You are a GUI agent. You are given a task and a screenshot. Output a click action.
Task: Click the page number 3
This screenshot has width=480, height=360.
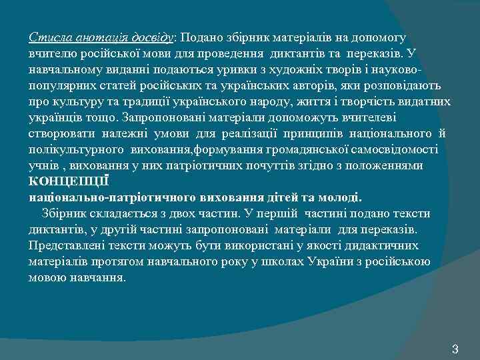(455, 349)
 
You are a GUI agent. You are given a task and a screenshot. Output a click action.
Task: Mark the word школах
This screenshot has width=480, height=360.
(283, 262)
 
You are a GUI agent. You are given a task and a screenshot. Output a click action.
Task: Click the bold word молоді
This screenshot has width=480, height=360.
(342, 197)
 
